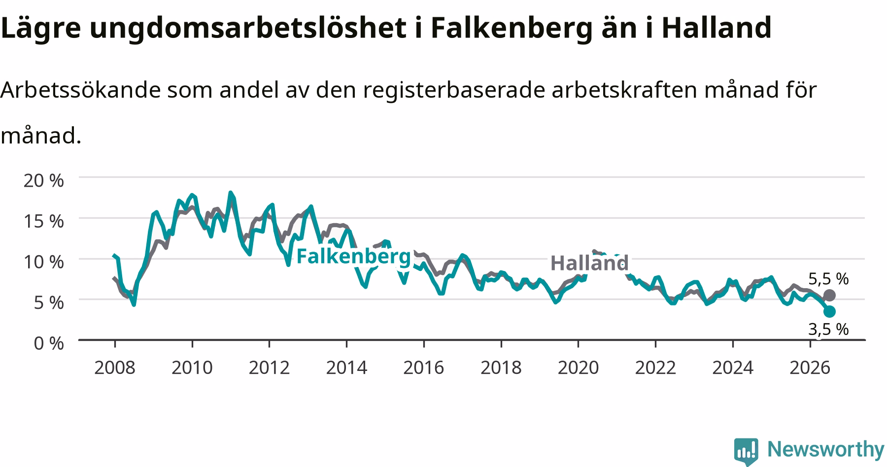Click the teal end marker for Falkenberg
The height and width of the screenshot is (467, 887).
click(x=829, y=311)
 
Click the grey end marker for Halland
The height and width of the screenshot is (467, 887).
click(x=829, y=295)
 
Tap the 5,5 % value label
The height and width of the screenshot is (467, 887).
click(x=828, y=279)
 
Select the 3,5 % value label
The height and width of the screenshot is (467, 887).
click(x=828, y=329)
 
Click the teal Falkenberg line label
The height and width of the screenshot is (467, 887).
click(x=353, y=257)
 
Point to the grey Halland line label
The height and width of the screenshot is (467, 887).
click(x=589, y=263)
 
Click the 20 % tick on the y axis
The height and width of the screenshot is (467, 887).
click(x=44, y=180)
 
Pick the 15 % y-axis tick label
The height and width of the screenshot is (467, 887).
click(x=44, y=221)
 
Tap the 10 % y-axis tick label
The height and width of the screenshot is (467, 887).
click(x=44, y=262)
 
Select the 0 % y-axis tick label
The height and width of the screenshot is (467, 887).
click(x=49, y=343)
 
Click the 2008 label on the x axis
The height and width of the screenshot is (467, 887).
click(x=115, y=367)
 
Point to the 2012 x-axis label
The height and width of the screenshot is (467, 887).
click(x=269, y=367)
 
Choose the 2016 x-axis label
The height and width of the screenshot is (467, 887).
click(x=424, y=367)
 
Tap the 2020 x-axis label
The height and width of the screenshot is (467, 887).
click(x=578, y=367)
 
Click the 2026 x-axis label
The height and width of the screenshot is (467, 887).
click(x=810, y=367)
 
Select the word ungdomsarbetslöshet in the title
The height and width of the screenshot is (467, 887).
click(x=245, y=28)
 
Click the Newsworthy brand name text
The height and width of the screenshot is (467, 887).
click(x=826, y=450)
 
